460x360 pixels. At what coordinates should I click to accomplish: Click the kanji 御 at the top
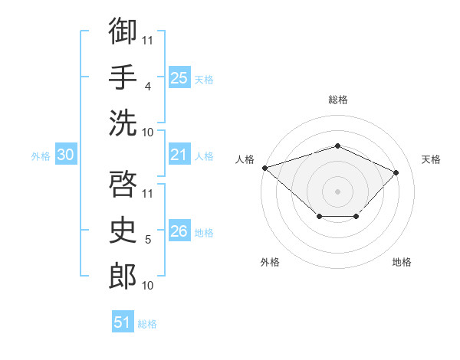coord(123,31)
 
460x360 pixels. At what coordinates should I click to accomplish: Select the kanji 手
coord(123,77)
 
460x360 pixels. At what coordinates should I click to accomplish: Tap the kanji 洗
coord(123,123)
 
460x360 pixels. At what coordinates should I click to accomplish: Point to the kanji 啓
coord(123,184)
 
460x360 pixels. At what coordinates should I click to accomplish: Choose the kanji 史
coord(123,230)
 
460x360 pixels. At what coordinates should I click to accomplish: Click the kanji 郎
coord(123,276)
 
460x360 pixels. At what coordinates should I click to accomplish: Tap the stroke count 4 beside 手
coord(147,87)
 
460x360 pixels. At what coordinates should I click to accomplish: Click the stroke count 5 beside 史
coord(148,240)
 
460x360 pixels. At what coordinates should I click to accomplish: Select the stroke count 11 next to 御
coord(147,41)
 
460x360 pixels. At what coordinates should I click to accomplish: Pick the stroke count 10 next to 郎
coord(147,286)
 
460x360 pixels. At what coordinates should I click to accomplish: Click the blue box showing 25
coord(179,77)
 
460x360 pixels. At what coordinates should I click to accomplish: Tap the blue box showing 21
coord(179,154)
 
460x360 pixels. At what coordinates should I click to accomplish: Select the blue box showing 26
coord(179,230)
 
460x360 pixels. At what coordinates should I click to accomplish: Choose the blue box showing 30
coord(66,154)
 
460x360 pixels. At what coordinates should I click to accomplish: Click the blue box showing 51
coord(123,321)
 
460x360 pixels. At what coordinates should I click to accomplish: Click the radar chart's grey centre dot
coord(337,191)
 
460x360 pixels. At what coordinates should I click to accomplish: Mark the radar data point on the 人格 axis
coord(265,168)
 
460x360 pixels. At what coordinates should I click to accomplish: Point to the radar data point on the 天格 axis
coord(396,172)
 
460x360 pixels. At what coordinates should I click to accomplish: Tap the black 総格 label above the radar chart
coord(338,100)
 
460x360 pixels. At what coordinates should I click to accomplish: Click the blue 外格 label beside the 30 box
coord(41,156)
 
